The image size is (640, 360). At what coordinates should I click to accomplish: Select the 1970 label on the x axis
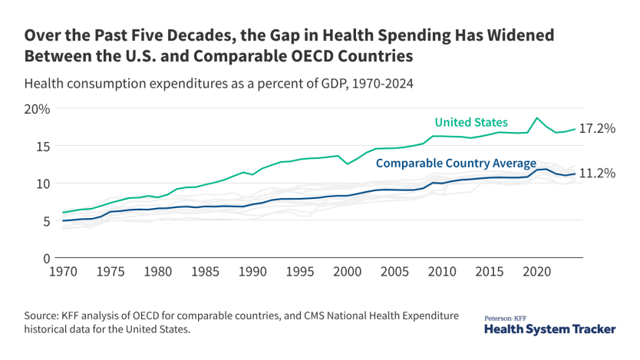point(62,272)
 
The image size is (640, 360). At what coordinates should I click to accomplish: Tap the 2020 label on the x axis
point(537,272)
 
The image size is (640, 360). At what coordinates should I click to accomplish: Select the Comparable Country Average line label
point(456,163)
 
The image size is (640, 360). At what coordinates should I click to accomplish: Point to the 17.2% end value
point(596,129)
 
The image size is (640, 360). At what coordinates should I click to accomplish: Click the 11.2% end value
point(596,173)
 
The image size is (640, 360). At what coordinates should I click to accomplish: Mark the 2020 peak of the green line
point(537,118)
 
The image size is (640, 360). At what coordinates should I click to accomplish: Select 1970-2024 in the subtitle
point(377,84)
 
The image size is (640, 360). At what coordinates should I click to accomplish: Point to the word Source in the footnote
point(44,315)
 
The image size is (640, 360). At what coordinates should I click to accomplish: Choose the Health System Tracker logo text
point(549,329)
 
